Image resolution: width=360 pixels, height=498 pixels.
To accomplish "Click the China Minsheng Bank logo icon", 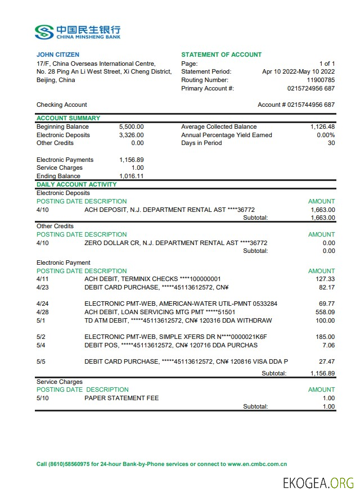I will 44,31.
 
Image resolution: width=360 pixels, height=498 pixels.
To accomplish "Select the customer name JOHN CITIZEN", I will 58,55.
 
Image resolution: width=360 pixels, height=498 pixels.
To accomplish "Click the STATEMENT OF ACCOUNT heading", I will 221,55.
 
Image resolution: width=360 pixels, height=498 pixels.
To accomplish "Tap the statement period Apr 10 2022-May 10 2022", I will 298,71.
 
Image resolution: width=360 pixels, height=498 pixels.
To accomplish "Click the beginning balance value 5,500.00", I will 131,126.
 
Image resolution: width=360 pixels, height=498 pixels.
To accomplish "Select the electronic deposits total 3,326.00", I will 131,135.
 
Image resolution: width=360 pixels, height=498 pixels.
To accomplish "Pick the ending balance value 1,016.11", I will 131,176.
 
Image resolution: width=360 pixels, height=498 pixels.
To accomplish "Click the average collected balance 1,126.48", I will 322,126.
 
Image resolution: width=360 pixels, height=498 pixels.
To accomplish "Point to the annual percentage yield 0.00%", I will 326,135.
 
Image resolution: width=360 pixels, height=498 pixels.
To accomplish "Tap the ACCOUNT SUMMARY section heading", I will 68,118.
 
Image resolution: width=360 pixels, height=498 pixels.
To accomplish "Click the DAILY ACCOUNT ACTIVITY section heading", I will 76,184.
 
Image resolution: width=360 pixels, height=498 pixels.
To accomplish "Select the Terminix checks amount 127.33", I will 326,279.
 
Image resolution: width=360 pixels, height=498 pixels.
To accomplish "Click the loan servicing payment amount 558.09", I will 325,312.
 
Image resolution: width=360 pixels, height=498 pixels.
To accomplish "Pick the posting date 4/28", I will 42,312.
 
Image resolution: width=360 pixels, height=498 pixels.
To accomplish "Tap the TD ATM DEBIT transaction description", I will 178,320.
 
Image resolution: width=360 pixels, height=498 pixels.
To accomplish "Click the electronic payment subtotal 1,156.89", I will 322,373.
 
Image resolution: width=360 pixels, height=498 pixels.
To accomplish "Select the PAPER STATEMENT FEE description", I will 121,398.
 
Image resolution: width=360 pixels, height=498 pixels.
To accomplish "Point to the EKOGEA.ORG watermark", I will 318,482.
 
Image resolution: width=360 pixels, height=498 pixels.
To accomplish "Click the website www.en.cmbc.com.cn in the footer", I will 257,464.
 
